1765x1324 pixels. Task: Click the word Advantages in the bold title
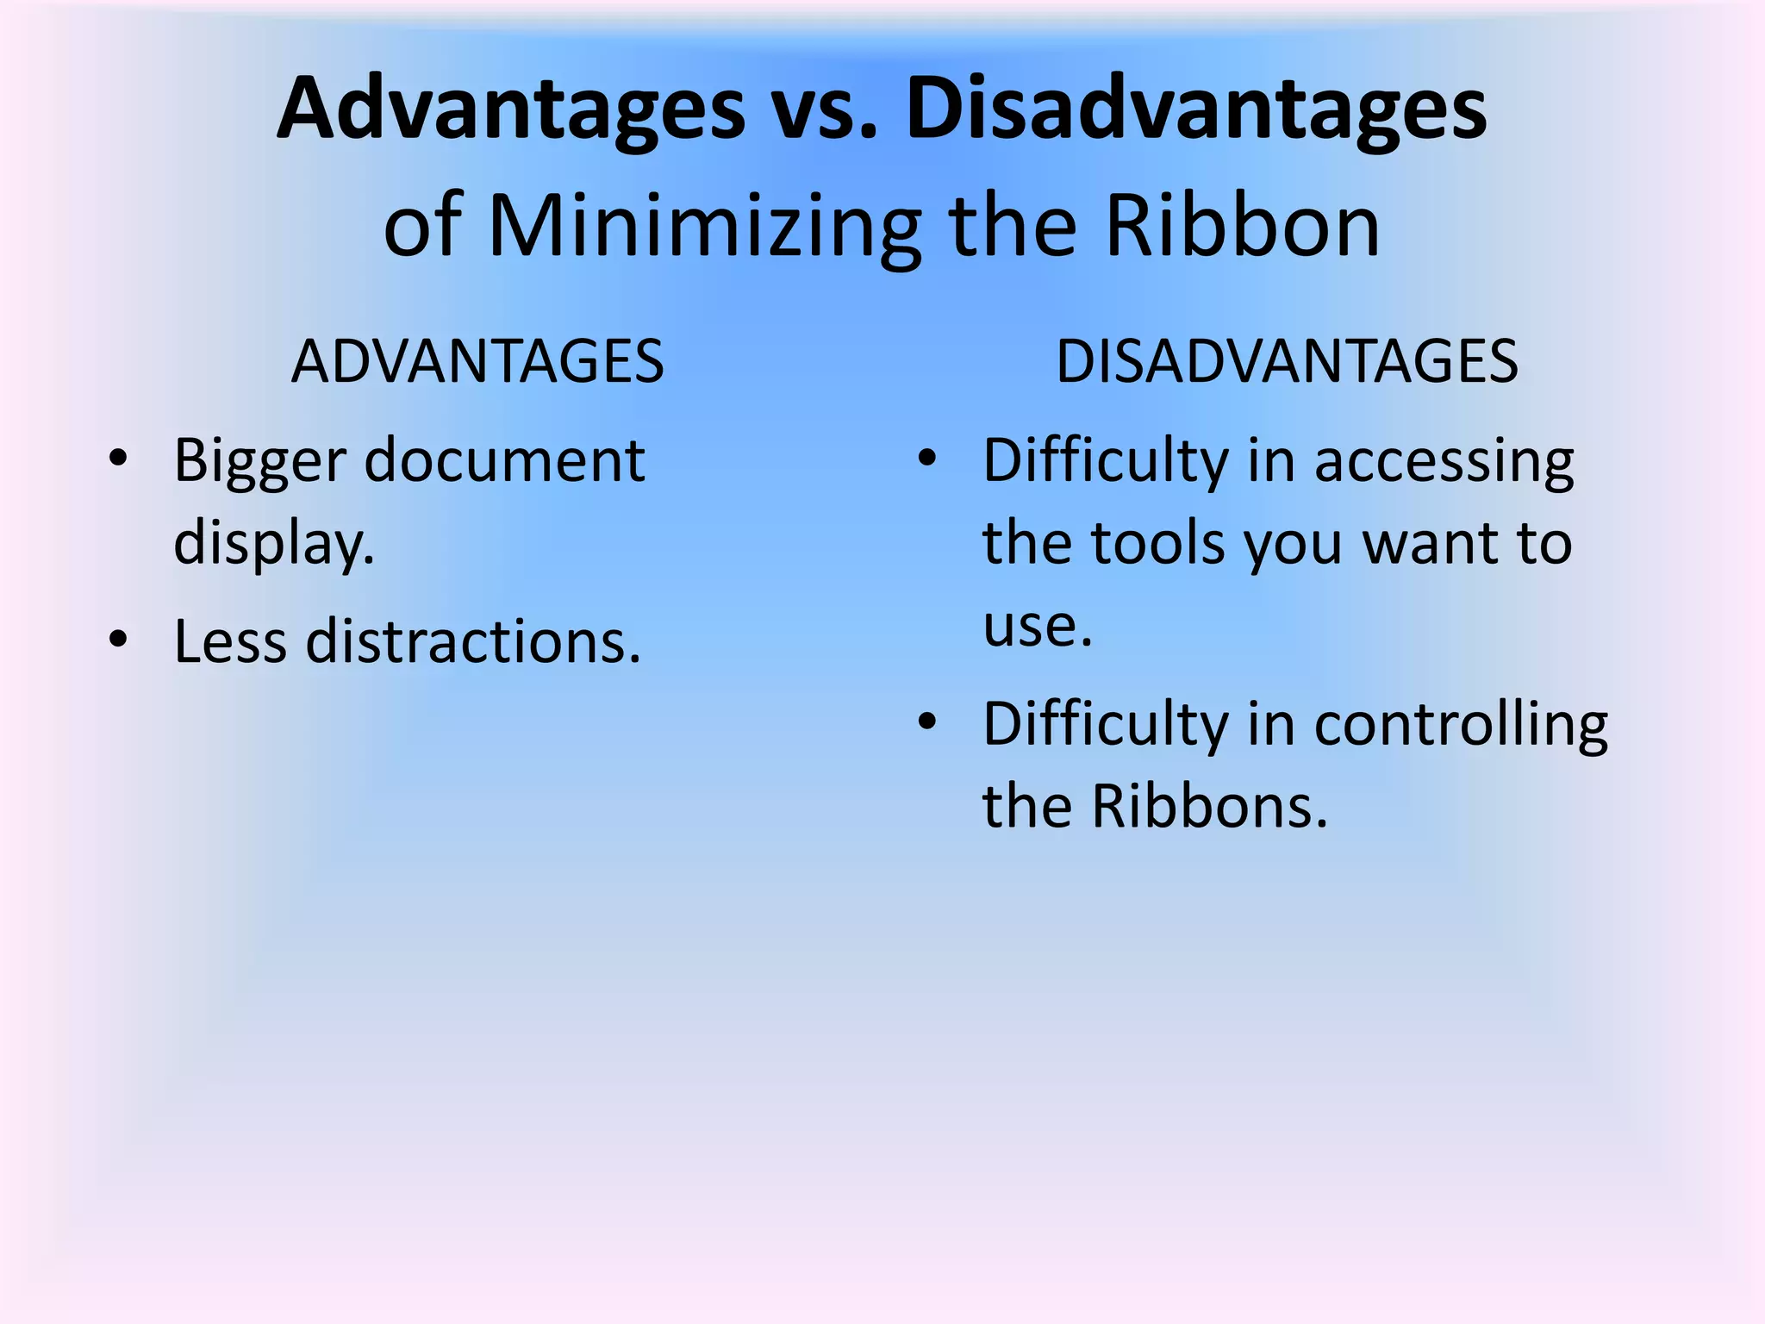point(510,110)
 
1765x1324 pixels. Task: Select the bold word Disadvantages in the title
point(1195,110)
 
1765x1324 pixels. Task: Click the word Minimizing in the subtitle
point(704,227)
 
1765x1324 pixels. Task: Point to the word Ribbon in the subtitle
point(1243,227)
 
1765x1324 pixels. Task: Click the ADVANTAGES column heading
point(477,361)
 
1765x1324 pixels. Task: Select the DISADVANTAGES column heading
point(1287,361)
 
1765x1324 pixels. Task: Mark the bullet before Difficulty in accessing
point(927,457)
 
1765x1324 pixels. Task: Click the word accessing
point(1444,461)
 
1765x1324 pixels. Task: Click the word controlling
point(1461,724)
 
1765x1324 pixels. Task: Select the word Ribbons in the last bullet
point(1209,807)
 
